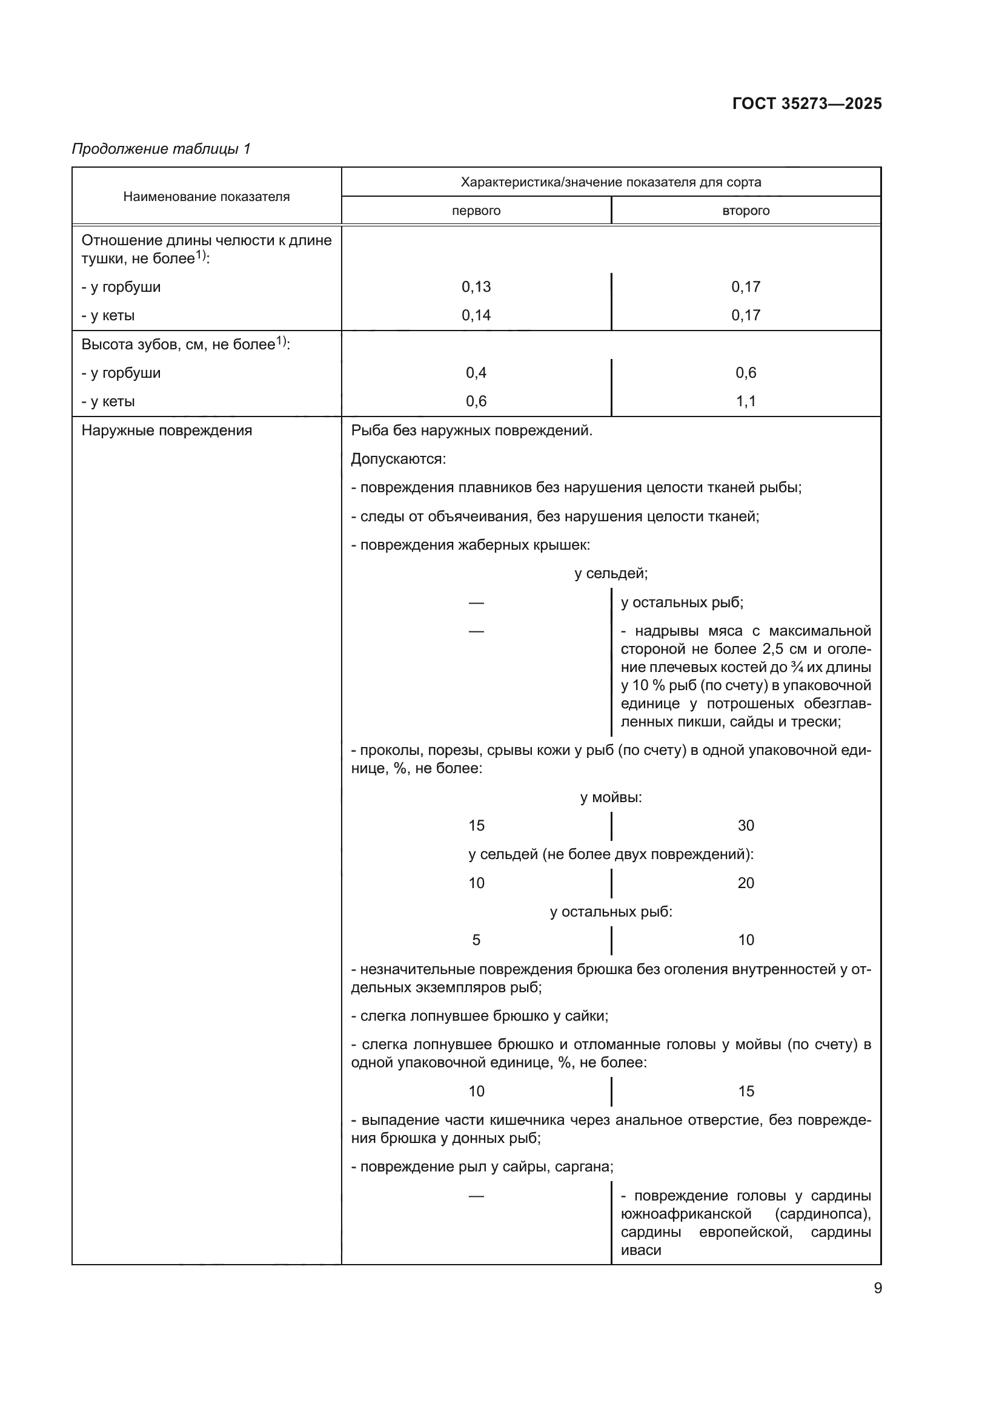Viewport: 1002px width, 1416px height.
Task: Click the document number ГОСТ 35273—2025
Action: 806,104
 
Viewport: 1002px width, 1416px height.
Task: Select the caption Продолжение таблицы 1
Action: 161,149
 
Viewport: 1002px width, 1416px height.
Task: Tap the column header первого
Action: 476,211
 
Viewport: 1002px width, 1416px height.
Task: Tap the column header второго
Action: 745,211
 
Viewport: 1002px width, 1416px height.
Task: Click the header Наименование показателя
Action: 206,197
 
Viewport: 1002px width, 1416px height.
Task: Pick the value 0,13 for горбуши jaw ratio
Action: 476,287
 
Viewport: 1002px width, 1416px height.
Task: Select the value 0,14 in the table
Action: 476,315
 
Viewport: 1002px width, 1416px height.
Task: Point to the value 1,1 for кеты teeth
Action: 745,401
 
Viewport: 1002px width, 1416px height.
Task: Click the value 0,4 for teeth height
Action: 476,372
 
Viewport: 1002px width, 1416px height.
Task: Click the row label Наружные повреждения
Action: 167,430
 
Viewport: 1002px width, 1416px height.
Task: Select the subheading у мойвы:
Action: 610,797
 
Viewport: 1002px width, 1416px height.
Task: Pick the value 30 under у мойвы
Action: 745,826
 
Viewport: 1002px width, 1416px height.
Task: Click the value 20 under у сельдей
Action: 745,883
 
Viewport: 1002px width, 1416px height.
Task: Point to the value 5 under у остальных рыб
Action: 476,940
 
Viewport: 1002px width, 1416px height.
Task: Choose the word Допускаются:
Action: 398,459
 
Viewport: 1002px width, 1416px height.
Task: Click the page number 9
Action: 877,1288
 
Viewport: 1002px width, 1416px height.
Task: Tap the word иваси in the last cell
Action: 640,1250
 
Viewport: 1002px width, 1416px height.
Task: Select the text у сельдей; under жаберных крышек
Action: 610,573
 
